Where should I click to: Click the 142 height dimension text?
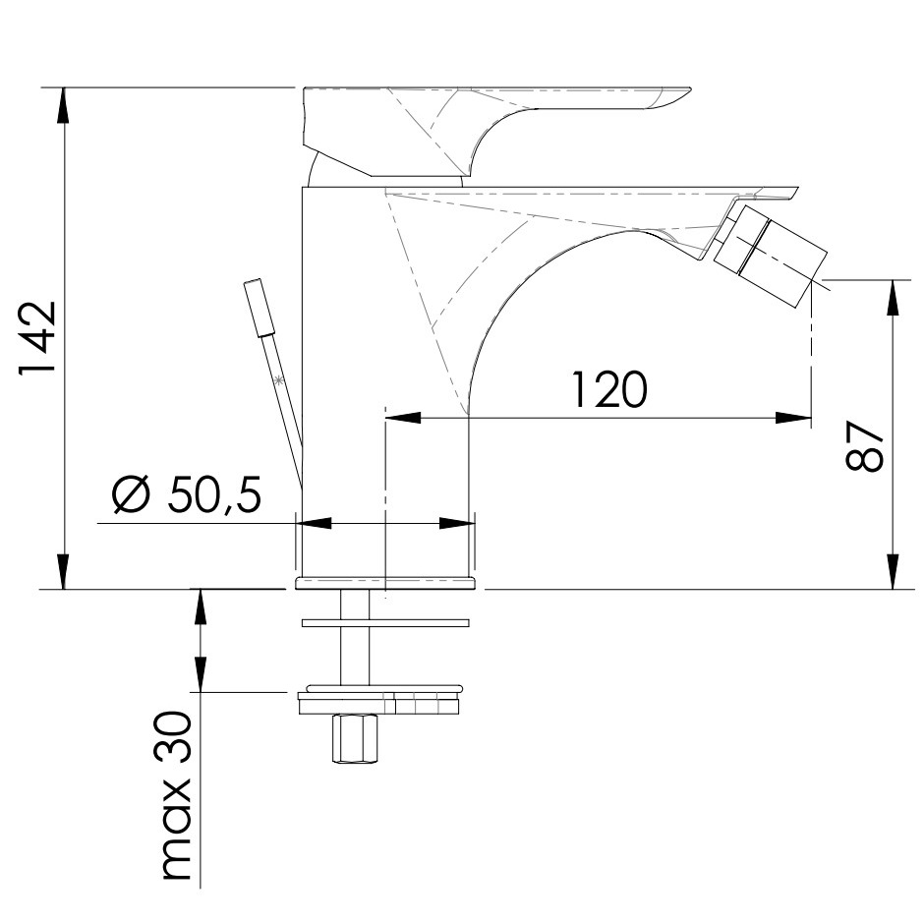(37, 338)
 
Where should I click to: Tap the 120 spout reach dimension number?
(609, 389)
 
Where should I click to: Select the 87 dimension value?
(864, 446)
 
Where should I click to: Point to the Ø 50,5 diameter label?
(187, 493)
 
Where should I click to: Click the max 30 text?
(177, 795)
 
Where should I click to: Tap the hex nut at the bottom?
(355, 739)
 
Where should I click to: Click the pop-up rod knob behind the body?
(260, 308)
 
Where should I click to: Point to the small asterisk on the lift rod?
(278, 380)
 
